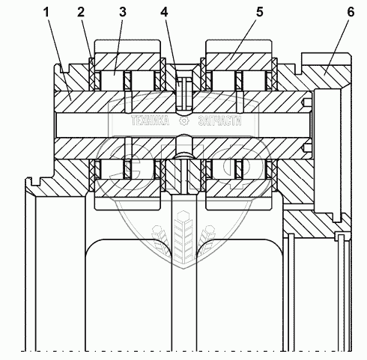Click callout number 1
tap(46, 12)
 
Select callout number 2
tap(81, 12)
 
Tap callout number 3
tap(123, 12)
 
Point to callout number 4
tap(164, 12)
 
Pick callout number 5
tap(260, 12)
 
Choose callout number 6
tap(351, 12)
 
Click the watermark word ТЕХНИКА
tap(150, 121)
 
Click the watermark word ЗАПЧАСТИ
tap(220, 121)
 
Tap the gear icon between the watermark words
tap(184, 121)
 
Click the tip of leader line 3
tap(114, 74)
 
